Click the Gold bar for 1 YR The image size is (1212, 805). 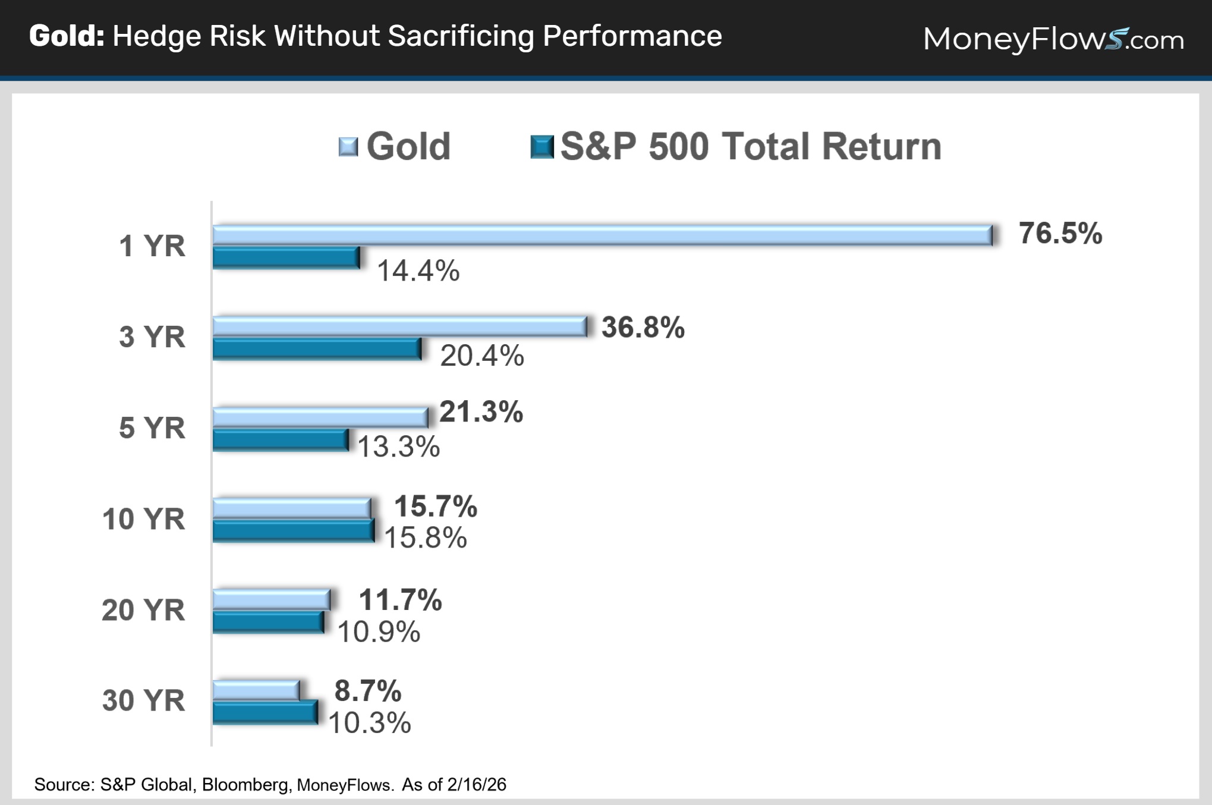602,235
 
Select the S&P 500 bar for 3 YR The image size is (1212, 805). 317,349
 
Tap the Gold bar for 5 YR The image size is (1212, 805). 320,417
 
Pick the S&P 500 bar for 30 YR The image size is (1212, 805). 265,712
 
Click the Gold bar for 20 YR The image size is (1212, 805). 271,600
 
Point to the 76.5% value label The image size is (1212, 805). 1060,233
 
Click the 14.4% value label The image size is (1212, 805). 418,271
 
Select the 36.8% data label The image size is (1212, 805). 643,327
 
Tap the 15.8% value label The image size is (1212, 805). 426,537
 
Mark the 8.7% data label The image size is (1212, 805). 368,691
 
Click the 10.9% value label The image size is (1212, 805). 379,631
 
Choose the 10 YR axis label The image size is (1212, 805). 143,519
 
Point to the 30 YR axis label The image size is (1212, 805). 143,700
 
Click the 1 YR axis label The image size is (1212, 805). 152,246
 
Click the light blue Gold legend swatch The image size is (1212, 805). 348,146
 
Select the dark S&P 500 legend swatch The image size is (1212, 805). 542,146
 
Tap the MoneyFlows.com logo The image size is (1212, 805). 1053,39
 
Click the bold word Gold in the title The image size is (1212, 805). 67,36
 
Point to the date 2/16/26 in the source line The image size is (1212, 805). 477,785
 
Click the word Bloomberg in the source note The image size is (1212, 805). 245,785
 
